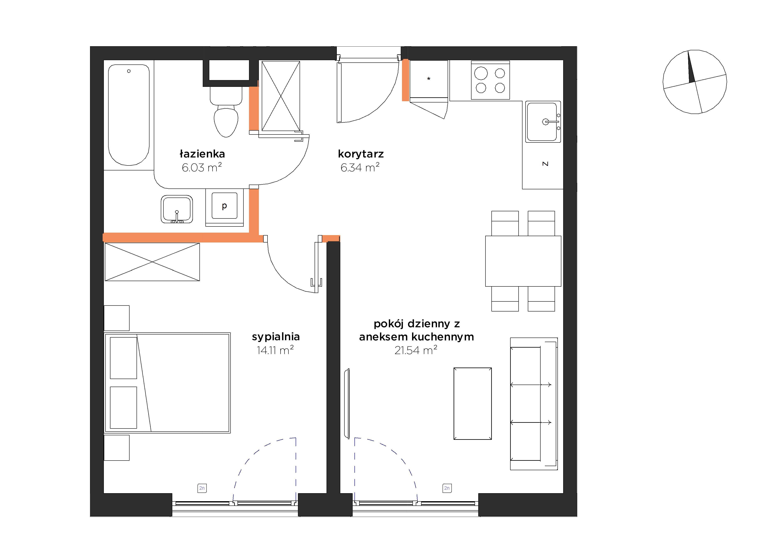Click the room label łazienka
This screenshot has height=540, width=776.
[x=202, y=154]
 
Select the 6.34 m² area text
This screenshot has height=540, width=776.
[x=360, y=167]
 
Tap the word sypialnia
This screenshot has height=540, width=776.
[x=276, y=337]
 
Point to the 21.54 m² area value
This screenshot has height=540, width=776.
[x=416, y=350]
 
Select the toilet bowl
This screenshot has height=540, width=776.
[x=226, y=111]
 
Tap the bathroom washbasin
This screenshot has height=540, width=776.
[x=177, y=209]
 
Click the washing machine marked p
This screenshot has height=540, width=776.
[x=224, y=207]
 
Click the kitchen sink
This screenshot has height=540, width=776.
[x=543, y=122]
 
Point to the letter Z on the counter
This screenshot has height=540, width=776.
[x=545, y=164]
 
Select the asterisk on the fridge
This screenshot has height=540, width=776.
[x=429, y=79]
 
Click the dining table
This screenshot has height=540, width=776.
[x=523, y=261]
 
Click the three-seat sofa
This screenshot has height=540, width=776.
[x=534, y=404]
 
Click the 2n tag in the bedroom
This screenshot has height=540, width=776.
[x=202, y=488]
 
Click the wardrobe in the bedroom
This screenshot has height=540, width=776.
[x=152, y=262]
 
